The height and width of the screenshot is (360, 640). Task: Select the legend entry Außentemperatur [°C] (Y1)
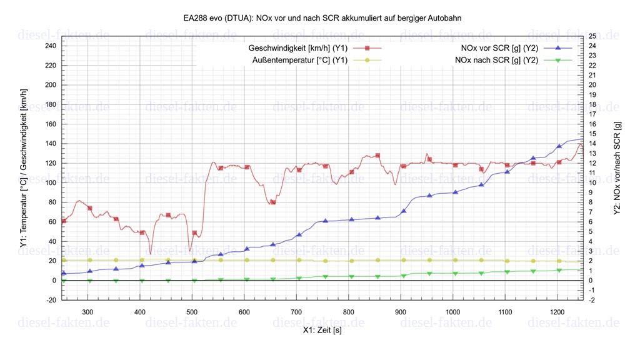[300, 60]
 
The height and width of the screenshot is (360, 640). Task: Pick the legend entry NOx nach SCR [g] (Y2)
[497, 60]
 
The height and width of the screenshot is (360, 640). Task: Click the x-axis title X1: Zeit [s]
[322, 330]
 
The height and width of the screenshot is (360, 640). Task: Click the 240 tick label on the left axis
[51, 46]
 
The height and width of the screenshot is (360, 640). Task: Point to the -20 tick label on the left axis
[51, 300]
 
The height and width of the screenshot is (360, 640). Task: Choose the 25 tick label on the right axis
[592, 36]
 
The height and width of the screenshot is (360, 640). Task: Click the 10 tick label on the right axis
[592, 182]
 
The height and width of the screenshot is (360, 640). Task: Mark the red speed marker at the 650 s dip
[273, 202]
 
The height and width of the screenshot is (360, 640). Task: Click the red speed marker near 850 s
[377, 156]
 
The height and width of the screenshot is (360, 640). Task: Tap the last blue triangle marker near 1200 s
[559, 146]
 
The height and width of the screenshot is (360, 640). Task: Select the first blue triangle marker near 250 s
[64, 273]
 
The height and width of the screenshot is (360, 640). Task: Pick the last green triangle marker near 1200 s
[559, 270]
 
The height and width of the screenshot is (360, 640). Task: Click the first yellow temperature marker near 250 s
[64, 260]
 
